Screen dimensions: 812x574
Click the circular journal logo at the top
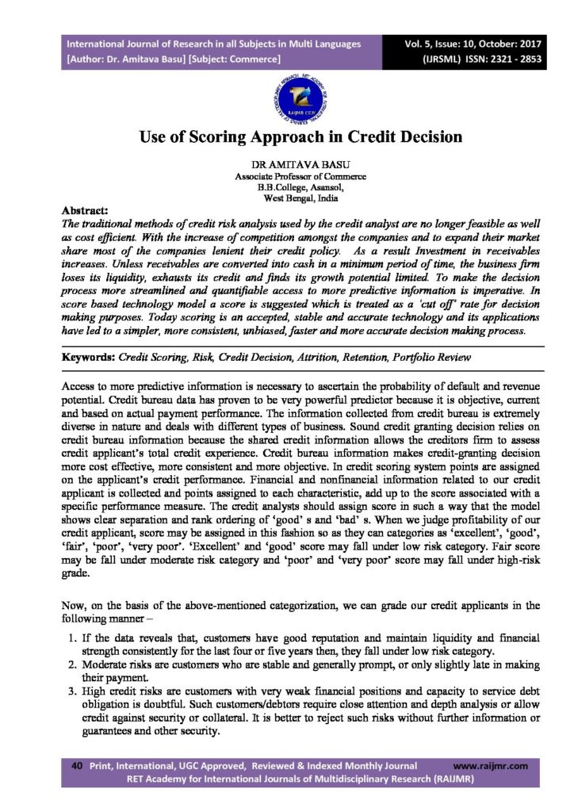pyautogui.click(x=286, y=99)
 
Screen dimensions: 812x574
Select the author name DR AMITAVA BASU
pyautogui.click(x=287, y=165)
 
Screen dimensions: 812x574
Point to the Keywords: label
pyautogui.click(x=90, y=358)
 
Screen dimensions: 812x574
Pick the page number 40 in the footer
pyautogui.click(x=77, y=766)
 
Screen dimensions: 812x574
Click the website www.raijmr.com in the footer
pyautogui.click(x=489, y=766)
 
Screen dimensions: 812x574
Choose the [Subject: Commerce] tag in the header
pyautogui.click(x=235, y=59)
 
